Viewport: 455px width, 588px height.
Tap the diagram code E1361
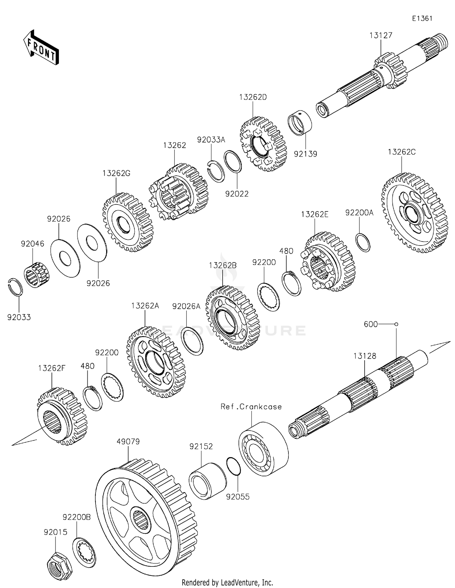tap(422, 19)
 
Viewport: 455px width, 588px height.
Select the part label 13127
tap(381, 35)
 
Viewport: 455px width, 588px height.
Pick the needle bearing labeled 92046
tap(36, 275)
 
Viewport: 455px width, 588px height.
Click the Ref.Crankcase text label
tap(251, 407)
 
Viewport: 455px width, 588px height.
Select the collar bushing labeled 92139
tap(300, 123)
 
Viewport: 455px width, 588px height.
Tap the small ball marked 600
tap(396, 324)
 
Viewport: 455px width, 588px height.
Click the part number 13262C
tap(402, 152)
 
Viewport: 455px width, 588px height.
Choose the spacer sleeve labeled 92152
tap(207, 481)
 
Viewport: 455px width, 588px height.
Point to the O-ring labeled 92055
tap(234, 466)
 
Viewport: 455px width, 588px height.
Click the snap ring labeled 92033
tap(15, 287)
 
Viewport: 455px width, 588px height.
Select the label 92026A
tap(186, 306)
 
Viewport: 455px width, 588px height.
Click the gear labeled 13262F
tap(62, 416)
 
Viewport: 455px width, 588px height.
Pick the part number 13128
tap(365, 356)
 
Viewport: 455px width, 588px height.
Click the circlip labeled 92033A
tap(216, 171)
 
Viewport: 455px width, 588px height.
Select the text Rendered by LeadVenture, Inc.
tap(227, 583)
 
